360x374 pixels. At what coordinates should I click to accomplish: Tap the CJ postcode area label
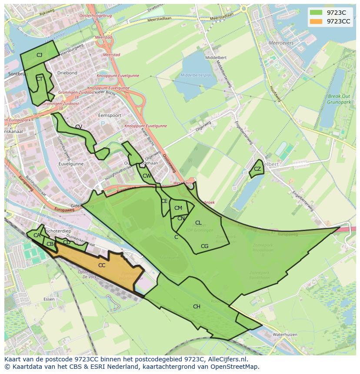pyautogui.click(x=39, y=55)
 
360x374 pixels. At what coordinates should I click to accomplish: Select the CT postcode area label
pyautogui.click(x=39, y=79)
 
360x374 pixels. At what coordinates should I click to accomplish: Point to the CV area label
pyautogui.click(x=79, y=127)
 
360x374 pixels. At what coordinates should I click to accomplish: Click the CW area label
pyautogui.click(x=147, y=176)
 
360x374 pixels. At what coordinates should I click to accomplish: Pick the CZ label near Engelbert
pyautogui.click(x=257, y=169)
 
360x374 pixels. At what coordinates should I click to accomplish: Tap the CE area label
pyautogui.click(x=164, y=201)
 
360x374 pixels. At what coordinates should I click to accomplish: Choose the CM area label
pyautogui.click(x=178, y=208)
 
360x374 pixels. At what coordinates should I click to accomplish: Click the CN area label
pyautogui.click(x=181, y=218)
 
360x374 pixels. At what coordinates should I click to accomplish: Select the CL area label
pyautogui.click(x=198, y=223)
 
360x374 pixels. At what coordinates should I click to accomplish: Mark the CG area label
pyautogui.click(x=204, y=246)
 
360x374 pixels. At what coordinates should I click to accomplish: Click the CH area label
pyautogui.click(x=197, y=307)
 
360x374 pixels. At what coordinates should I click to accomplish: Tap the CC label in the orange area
pyautogui.click(x=102, y=265)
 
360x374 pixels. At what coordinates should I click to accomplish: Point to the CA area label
pyautogui.click(x=37, y=235)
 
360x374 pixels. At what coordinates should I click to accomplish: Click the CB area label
pyautogui.click(x=50, y=244)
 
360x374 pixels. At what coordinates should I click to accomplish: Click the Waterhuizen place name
pyautogui.click(x=285, y=334)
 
